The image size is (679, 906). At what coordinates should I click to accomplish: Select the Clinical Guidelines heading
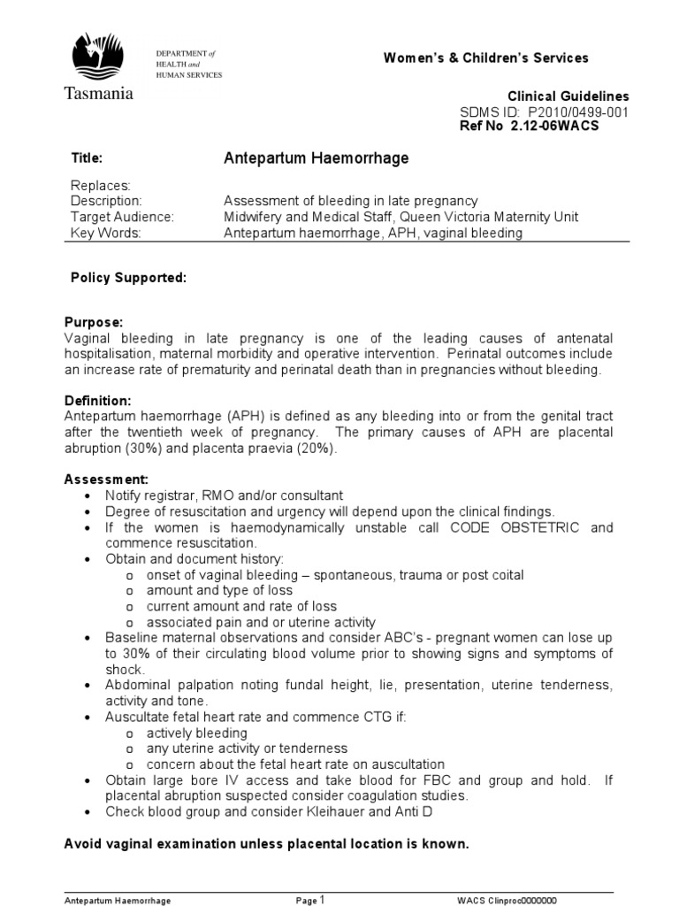click(x=556, y=96)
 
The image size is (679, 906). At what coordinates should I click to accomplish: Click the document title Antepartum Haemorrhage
click(x=317, y=158)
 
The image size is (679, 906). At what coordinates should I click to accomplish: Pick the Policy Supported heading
click(x=128, y=278)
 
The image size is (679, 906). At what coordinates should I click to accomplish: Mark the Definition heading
click(x=97, y=401)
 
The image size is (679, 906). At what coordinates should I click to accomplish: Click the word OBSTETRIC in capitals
click(x=539, y=527)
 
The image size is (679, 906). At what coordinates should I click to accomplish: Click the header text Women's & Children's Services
click(x=485, y=58)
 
